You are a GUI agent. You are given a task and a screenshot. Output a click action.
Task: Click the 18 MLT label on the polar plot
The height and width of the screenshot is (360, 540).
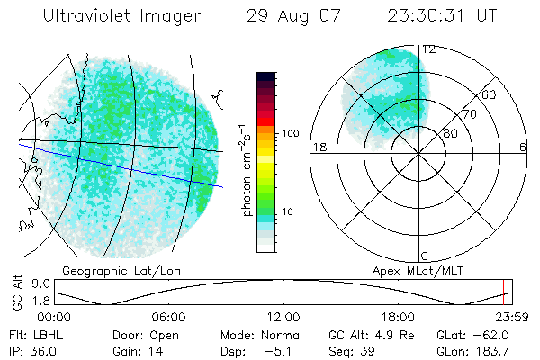click(x=318, y=146)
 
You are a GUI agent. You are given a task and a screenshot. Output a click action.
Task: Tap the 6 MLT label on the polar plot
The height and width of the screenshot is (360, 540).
click(x=522, y=146)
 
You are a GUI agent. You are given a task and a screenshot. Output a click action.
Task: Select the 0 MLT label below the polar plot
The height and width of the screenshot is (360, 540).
click(x=425, y=256)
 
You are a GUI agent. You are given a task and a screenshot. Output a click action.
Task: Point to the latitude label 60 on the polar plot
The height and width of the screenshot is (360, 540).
click(x=490, y=94)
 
